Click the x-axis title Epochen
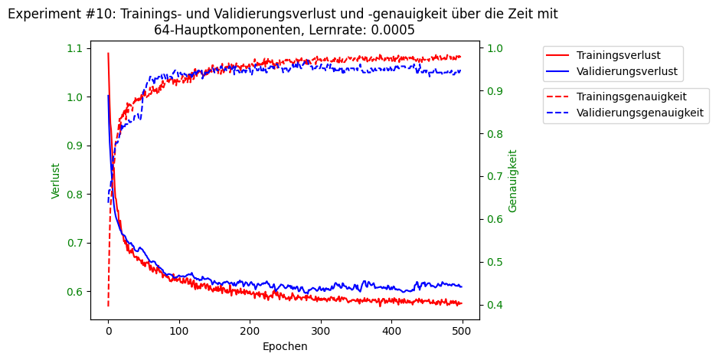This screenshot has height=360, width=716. [285, 346]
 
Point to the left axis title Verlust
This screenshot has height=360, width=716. [56, 181]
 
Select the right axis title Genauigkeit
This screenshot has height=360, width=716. [513, 181]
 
